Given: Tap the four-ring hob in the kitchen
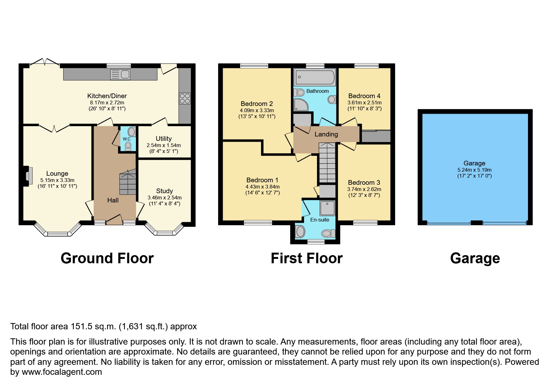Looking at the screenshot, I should [x=184, y=98].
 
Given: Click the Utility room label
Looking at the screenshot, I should [x=164, y=139].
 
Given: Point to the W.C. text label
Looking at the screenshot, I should [x=127, y=139].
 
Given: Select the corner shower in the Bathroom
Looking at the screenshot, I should [x=301, y=105].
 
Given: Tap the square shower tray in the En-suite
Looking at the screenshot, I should [x=327, y=208].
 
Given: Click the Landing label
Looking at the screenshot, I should [x=326, y=134].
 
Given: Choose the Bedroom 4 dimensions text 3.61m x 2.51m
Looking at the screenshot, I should [x=364, y=102].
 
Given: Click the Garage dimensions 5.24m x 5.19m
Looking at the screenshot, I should [x=474, y=170].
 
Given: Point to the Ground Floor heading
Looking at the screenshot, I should [x=107, y=258].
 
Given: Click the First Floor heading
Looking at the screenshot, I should [x=306, y=258].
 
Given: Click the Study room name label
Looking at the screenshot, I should [x=164, y=191].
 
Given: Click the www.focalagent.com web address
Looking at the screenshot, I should [x=59, y=372].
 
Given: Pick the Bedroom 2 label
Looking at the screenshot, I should [x=257, y=104].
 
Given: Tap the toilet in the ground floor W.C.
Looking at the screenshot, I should [x=128, y=146].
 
